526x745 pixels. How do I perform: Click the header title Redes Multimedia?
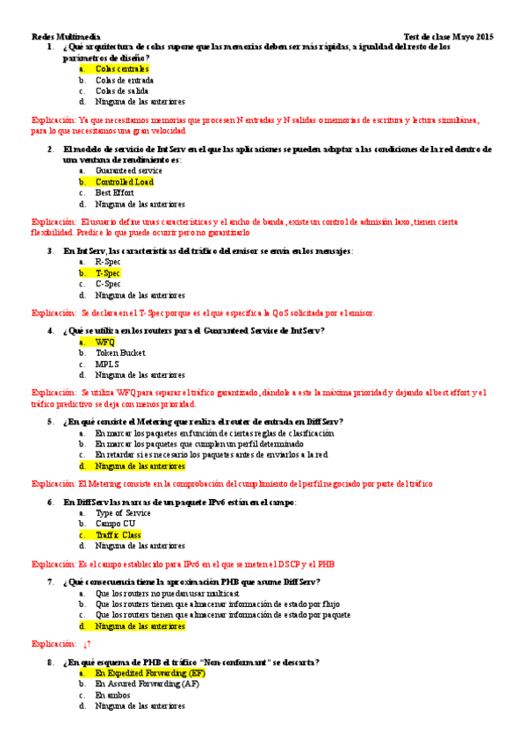pyautogui.click(x=66, y=37)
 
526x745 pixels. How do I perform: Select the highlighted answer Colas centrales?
pyautogui.click(x=122, y=69)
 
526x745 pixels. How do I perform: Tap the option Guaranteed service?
pyautogui.click(x=129, y=170)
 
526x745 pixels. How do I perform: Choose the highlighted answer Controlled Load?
pyautogui.click(x=124, y=182)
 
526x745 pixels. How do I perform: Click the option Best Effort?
pyautogui.click(x=115, y=192)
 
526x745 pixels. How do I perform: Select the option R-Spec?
pyautogui.click(x=108, y=262)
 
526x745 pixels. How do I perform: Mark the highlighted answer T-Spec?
pyautogui.click(x=108, y=273)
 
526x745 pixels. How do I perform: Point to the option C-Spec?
pyautogui.click(x=108, y=284)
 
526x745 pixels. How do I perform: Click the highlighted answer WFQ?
pyautogui.click(x=105, y=342)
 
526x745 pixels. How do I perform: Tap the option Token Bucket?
pyautogui.click(x=120, y=353)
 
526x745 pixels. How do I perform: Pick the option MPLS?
pyautogui.click(x=107, y=364)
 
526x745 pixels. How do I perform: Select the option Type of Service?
pyautogui.click(x=123, y=513)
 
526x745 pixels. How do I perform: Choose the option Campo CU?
pyautogui.click(x=115, y=524)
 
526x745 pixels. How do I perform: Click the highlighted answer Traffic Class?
pyautogui.click(x=119, y=535)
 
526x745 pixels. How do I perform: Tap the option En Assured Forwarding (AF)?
pyautogui.click(x=148, y=684)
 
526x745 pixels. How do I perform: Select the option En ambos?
pyautogui.click(x=112, y=694)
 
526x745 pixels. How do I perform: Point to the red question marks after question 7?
pyautogui.click(x=87, y=644)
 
